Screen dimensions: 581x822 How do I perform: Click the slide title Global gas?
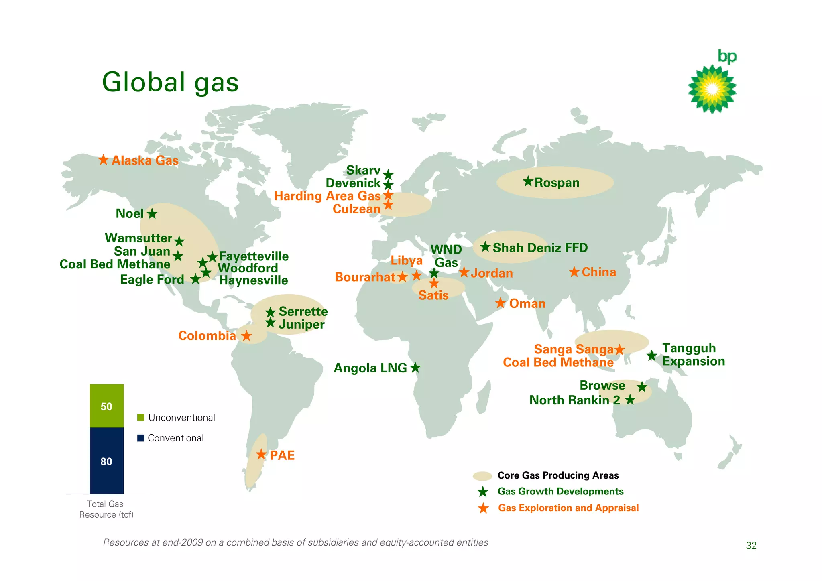[x=170, y=82]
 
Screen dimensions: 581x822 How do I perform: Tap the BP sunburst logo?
[x=712, y=89]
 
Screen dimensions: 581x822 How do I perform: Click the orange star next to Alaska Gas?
[x=104, y=160]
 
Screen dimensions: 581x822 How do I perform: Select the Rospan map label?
[x=557, y=183]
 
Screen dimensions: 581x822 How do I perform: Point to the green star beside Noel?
[x=152, y=213]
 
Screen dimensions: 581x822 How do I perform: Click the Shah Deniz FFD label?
[x=540, y=248]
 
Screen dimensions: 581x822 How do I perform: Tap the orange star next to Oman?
[x=500, y=303]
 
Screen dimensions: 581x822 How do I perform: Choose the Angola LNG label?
[x=370, y=368]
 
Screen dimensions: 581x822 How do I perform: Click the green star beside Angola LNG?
[x=415, y=367]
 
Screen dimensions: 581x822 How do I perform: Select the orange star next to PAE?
[x=261, y=454]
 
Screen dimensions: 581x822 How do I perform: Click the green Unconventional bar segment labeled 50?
[x=106, y=406]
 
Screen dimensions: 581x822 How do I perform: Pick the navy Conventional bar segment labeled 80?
[x=106, y=461]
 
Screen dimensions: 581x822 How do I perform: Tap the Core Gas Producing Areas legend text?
[x=558, y=475]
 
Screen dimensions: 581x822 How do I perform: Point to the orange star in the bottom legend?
[x=483, y=508]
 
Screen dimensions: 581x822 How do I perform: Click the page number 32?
[x=751, y=546]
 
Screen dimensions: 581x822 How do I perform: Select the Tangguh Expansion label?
[x=693, y=355]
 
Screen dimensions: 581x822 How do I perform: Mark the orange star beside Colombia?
[x=246, y=335]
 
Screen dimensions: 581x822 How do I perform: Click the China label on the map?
[x=598, y=272]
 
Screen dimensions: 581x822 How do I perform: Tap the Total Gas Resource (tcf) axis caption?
[x=106, y=509]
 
